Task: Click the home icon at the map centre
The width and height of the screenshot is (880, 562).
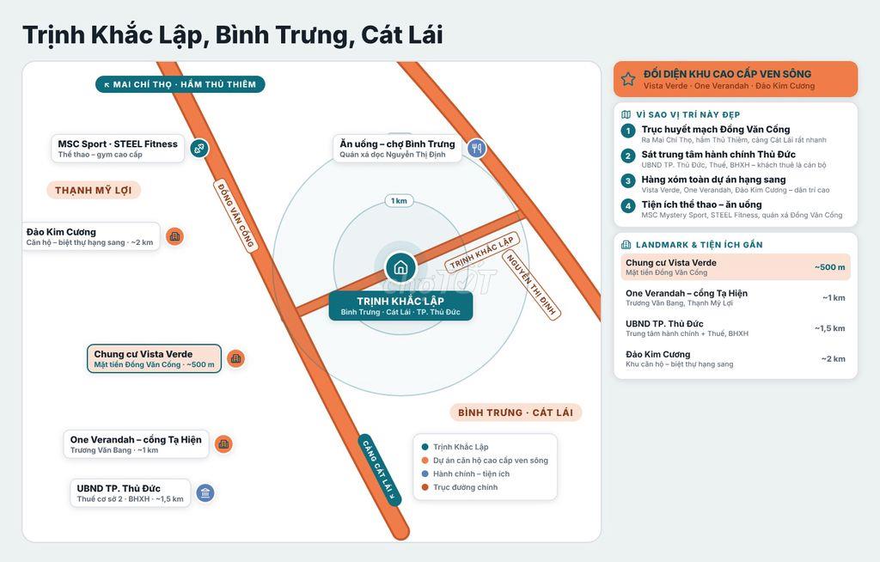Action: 400,266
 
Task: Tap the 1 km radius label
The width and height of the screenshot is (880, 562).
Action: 399,201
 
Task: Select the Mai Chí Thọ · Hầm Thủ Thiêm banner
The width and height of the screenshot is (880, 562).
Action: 180,84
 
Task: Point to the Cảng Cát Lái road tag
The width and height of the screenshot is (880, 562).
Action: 380,471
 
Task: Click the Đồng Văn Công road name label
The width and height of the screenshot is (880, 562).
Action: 235,215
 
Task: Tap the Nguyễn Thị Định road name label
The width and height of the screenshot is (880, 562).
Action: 531,284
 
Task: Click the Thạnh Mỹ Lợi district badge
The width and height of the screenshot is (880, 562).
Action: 93,190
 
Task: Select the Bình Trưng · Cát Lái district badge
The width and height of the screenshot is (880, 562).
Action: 516,412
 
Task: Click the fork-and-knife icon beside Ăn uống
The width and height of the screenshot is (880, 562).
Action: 476,149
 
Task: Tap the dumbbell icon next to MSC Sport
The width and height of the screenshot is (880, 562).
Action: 199,149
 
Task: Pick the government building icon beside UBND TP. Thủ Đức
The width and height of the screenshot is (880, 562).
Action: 205,493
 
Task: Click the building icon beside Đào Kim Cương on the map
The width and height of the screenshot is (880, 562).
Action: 174,236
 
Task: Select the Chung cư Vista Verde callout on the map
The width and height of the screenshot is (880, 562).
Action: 155,358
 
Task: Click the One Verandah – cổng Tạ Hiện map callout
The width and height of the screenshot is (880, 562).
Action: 136,444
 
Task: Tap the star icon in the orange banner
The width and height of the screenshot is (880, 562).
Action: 628,79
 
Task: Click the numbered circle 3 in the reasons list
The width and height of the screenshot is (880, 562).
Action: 628,180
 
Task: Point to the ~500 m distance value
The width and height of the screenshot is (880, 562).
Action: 829,267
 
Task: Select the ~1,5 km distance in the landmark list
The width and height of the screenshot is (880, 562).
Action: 829,328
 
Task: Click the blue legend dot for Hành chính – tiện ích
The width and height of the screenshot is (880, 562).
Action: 425,473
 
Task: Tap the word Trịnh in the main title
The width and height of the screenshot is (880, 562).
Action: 52,35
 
